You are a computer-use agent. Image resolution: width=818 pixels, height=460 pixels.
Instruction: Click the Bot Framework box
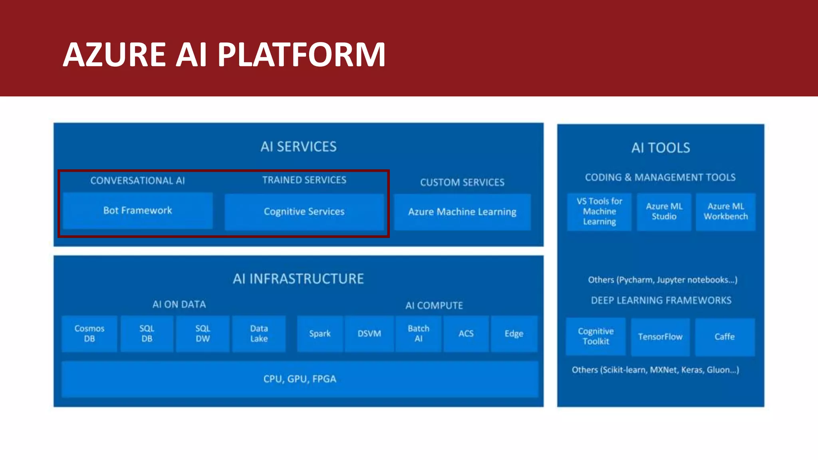(137, 210)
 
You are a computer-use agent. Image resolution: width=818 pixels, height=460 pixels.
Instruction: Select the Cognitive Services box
(304, 212)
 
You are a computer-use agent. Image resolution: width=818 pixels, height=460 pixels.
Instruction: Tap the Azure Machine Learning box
(462, 212)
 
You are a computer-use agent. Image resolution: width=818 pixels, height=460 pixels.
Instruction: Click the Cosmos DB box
(89, 333)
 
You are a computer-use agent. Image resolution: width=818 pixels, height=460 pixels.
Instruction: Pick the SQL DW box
(203, 333)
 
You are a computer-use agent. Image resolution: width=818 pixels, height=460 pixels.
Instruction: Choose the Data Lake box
(259, 333)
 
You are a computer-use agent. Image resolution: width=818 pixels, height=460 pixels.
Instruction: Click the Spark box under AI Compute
(320, 333)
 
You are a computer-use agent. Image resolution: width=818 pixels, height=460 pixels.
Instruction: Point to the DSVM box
(369, 333)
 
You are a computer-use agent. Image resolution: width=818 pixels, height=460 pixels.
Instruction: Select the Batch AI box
(418, 333)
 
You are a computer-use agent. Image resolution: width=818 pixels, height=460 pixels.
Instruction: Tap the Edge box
(514, 333)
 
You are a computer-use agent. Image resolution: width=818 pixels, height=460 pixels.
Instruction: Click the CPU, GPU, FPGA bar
(300, 379)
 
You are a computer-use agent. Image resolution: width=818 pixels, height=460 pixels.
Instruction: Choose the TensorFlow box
(660, 337)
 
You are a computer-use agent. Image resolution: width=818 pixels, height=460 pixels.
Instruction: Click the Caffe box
(725, 337)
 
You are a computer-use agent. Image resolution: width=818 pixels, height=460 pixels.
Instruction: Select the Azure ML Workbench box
(726, 212)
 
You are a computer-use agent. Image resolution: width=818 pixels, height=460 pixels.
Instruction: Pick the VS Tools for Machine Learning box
(599, 212)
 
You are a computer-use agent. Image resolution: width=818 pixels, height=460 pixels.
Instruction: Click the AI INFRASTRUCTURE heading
(298, 279)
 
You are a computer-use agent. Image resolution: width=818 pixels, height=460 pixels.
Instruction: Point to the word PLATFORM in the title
(302, 55)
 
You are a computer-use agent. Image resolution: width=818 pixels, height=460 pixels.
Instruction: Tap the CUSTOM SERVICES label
(462, 182)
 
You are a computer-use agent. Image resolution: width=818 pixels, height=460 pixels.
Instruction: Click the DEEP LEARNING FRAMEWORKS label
(661, 300)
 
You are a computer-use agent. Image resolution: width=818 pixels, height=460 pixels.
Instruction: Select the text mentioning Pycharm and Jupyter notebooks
(662, 280)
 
